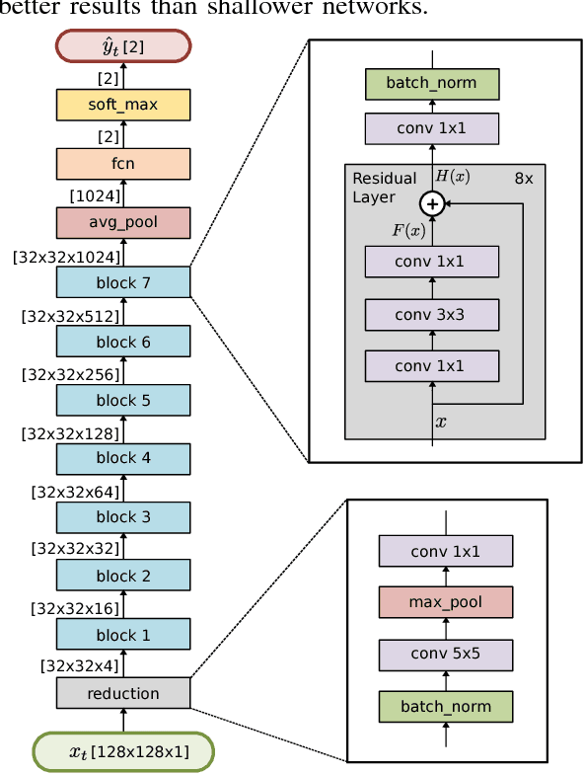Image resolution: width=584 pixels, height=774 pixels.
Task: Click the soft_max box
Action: coord(123,104)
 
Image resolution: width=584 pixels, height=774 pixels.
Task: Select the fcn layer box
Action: coord(123,163)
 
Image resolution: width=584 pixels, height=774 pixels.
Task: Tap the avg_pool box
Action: coord(123,223)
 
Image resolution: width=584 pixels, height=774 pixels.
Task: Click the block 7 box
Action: coord(123,282)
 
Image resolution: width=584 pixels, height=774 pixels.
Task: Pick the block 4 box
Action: coord(123,458)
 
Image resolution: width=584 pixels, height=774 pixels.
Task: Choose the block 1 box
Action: coord(123,635)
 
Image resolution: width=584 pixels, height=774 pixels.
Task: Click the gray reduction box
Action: coord(123,693)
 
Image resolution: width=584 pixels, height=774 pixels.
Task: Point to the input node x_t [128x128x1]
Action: coord(123,751)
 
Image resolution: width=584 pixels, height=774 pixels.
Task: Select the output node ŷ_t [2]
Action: coord(123,45)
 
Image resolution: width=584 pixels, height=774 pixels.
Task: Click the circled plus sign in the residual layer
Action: coord(431,204)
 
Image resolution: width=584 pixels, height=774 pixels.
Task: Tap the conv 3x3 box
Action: coord(431,314)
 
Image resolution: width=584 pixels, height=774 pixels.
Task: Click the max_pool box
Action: coord(446,601)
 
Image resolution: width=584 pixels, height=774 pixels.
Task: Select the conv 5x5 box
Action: coord(446,654)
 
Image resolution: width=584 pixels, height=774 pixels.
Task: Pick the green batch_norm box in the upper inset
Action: coord(431,83)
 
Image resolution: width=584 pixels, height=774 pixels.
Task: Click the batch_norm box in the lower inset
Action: coord(446,706)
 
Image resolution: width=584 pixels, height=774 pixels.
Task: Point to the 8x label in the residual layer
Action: coord(523,179)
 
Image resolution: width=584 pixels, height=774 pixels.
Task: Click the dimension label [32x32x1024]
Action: coord(66,258)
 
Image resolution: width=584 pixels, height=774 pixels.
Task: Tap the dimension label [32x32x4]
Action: coord(79,667)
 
